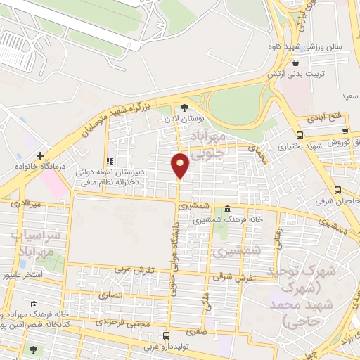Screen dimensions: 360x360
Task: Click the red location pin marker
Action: (181, 165)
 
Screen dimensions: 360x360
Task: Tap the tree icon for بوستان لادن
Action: (185, 108)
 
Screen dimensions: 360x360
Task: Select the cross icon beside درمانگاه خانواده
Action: (41, 155)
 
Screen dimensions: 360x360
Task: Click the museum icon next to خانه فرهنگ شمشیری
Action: (227, 210)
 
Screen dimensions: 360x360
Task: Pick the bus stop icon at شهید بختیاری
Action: (300, 136)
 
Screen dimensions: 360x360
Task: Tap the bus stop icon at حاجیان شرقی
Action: (338, 191)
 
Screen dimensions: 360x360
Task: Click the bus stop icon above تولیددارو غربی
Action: (166, 335)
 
